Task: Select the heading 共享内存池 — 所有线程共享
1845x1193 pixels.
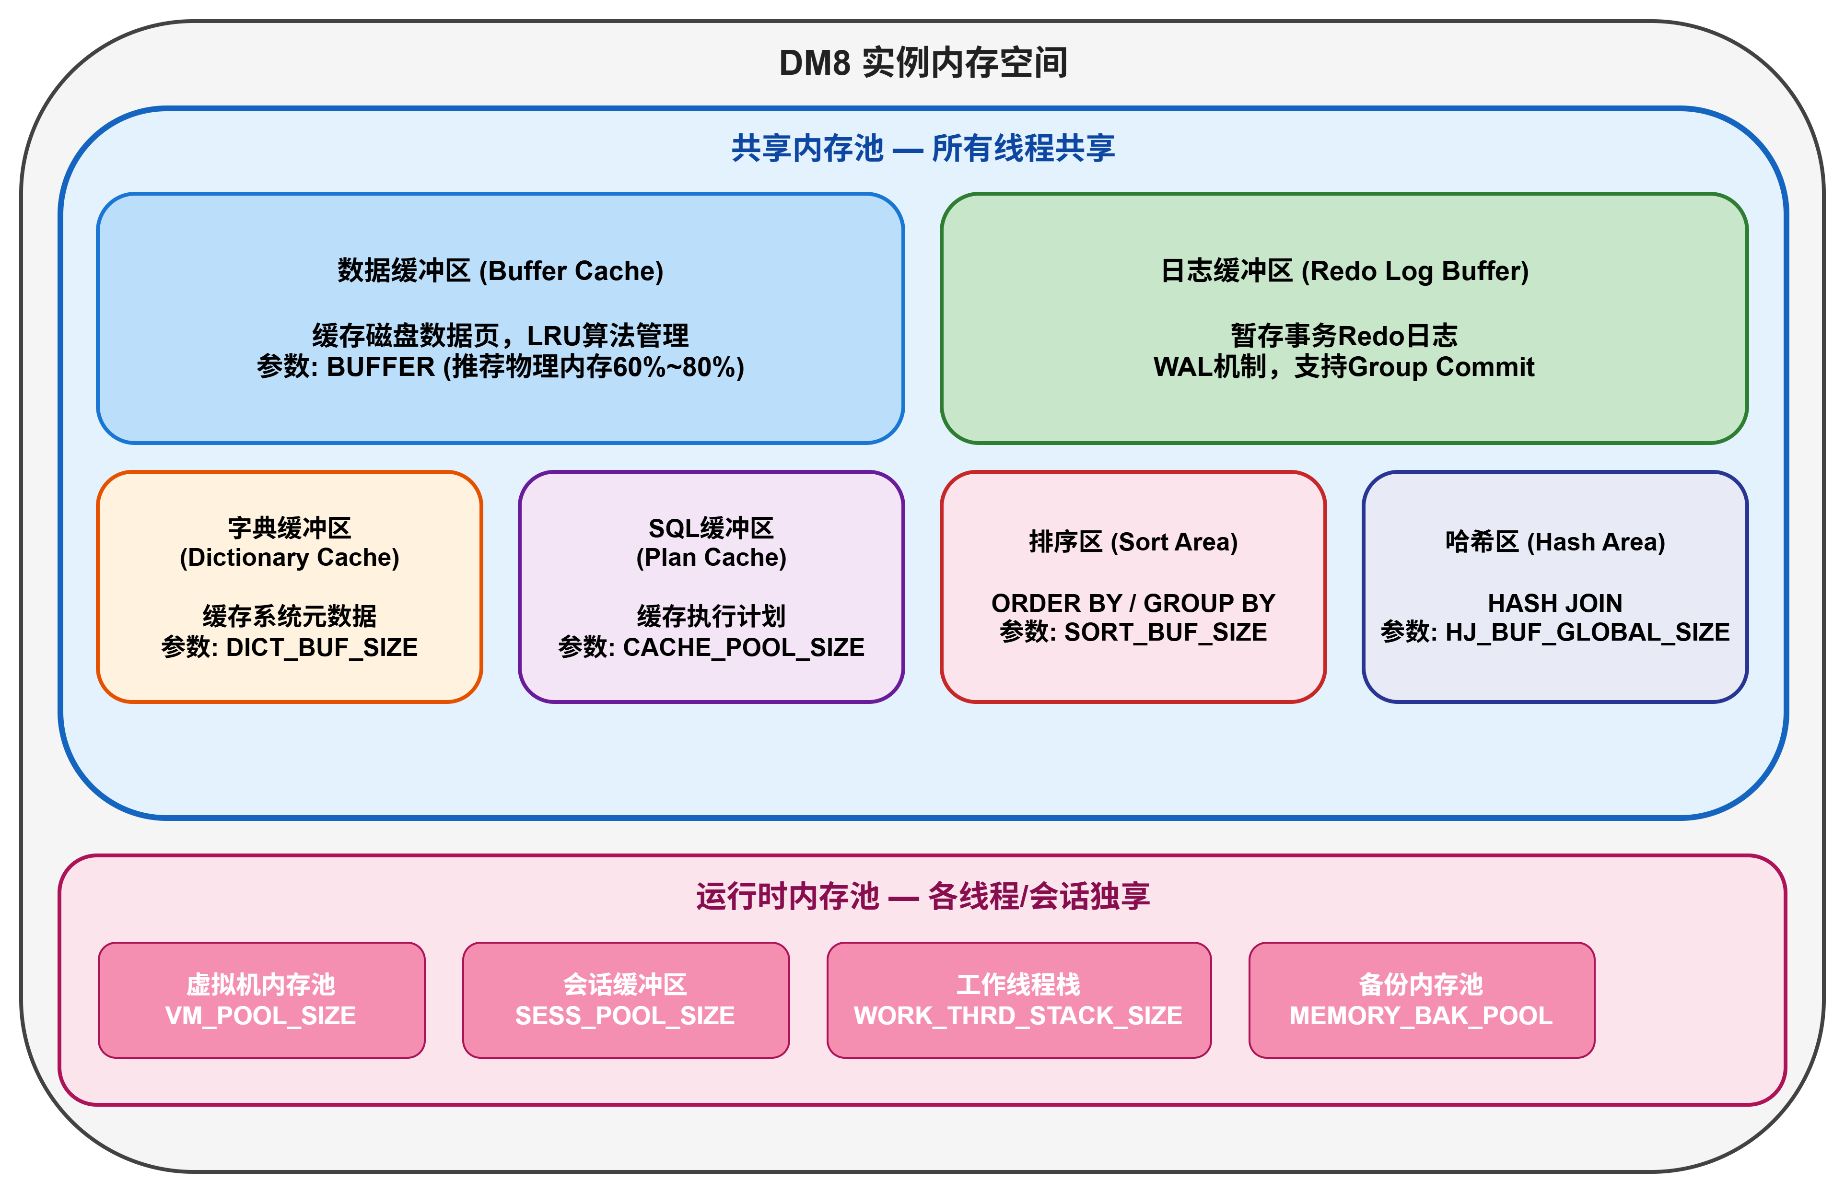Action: coord(922,148)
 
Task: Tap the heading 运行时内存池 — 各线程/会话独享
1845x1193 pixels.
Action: coord(922,896)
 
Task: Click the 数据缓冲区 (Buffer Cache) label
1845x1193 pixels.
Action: coord(501,271)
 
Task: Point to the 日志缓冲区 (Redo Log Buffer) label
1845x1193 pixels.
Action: coord(1344,271)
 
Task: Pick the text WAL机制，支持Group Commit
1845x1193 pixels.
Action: coord(1344,366)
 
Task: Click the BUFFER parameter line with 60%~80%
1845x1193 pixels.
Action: coord(501,366)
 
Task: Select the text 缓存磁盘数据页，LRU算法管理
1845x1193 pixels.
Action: coord(501,336)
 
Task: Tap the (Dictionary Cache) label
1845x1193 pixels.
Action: coord(289,557)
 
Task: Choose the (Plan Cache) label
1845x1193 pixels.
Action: coord(711,557)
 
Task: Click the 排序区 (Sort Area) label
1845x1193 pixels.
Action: coord(1133,541)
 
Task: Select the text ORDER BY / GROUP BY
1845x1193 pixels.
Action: coord(1133,603)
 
